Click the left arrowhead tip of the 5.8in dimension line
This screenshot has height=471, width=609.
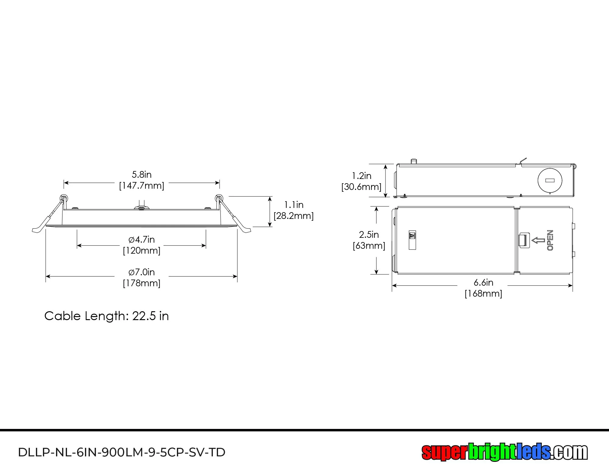coord(64,183)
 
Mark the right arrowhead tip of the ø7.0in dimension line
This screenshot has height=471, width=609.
coord(237,277)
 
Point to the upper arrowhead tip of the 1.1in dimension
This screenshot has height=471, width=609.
coord(270,197)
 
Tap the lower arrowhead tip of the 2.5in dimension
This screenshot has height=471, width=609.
coord(377,274)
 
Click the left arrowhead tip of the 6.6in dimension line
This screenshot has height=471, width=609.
coord(392,286)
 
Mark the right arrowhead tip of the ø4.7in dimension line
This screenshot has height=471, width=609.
coord(206,245)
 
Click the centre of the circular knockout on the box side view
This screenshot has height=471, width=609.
coord(550,180)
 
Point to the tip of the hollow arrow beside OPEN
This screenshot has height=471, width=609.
coord(532,241)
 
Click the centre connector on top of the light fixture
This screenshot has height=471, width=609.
coord(142,207)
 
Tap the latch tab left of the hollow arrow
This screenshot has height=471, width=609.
coord(524,240)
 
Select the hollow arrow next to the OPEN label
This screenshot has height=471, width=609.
coord(538,241)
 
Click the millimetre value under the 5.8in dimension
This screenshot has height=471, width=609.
coord(142,186)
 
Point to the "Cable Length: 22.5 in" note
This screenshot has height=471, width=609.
coord(107,316)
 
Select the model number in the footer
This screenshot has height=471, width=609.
coord(122,452)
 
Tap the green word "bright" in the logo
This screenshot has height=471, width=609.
coord(491,452)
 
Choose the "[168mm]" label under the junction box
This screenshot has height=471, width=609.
coord(483,294)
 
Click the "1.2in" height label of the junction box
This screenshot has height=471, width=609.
coord(362,176)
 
